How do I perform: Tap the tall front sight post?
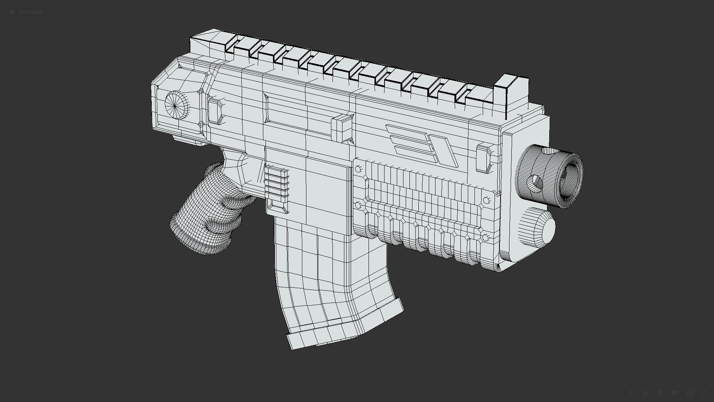pyautogui.click(x=510, y=93)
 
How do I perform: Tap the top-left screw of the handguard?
pyautogui.click(x=358, y=169)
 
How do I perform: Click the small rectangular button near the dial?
pyautogui.click(x=215, y=111)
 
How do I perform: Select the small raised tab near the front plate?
pyautogui.click(x=483, y=158)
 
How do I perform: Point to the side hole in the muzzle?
pyautogui.click(x=537, y=181)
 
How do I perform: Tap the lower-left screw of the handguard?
pyautogui.click(x=358, y=205)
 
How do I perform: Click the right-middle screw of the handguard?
pyautogui.click(x=486, y=201)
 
